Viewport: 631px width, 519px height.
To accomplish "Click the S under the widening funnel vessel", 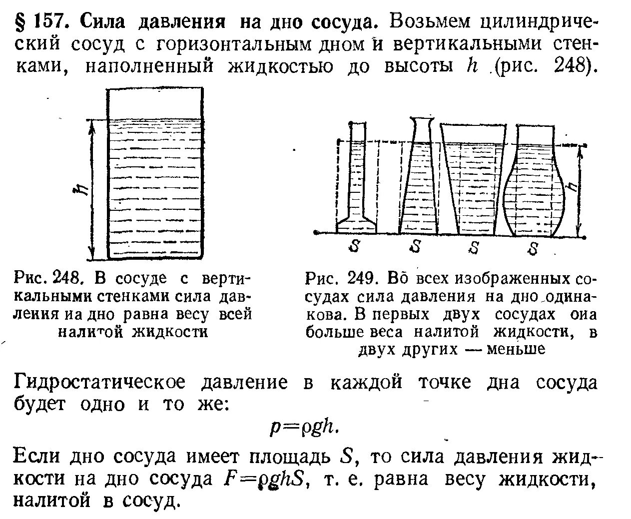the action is [x=475, y=247].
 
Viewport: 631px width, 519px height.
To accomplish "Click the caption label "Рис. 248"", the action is [x=45, y=277].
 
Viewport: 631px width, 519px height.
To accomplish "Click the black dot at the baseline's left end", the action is [x=316, y=232].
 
